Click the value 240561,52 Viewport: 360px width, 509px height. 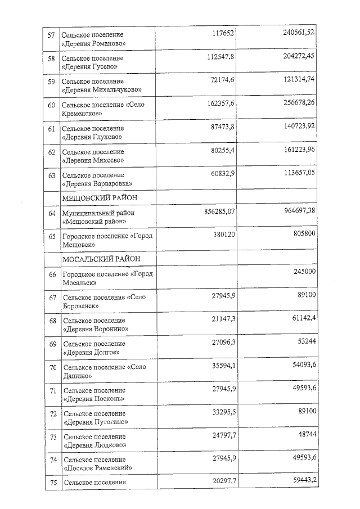(299, 32)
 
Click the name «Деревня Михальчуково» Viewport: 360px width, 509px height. (102, 89)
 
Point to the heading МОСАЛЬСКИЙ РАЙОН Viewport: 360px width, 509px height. (101, 259)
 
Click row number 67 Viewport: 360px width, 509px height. (53, 298)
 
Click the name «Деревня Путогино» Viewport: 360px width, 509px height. (96, 422)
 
